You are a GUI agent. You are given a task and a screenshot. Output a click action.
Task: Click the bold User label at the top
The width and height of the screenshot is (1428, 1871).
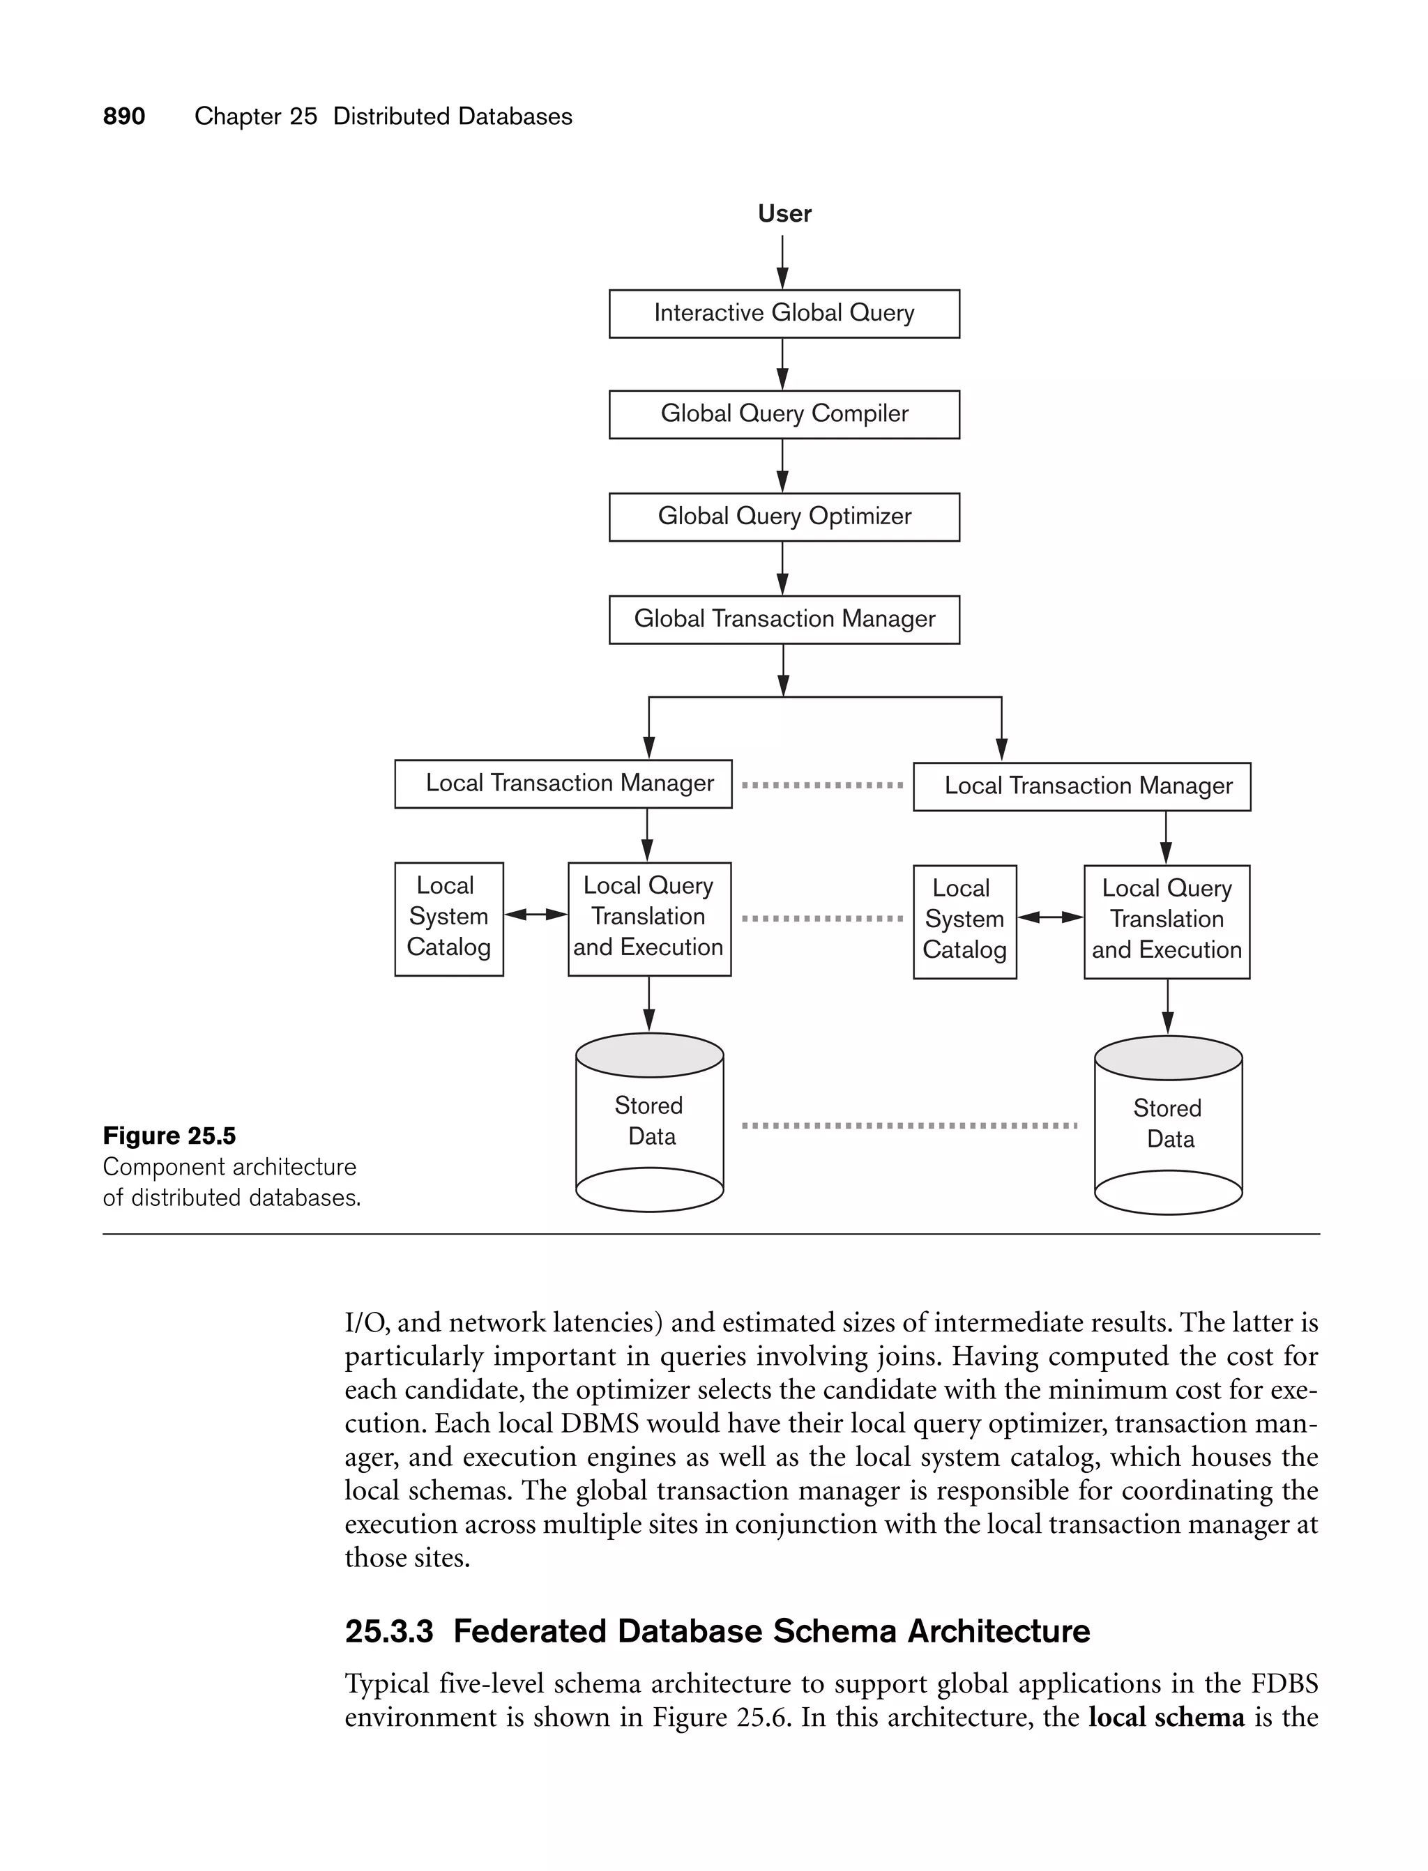coord(784,213)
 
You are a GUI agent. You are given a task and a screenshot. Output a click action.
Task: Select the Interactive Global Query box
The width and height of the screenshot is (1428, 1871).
coord(784,314)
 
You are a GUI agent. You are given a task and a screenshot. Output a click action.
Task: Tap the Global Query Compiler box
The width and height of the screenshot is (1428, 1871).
coord(784,414)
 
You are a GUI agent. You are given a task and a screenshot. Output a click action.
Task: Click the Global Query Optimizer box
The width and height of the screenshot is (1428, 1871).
coord(784,517)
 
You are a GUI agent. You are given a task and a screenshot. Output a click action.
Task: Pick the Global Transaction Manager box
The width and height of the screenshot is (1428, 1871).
coord(784,620)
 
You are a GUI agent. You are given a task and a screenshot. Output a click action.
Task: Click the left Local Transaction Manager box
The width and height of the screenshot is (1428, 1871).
coord(563,784)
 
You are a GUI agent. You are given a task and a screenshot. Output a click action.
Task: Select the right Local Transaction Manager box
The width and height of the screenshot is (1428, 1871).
coord(1081,786)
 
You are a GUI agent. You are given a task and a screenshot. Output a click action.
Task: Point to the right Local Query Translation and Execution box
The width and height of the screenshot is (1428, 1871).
coord(1167,921)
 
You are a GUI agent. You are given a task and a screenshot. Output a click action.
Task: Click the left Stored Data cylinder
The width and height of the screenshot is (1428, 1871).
coord(649,1122)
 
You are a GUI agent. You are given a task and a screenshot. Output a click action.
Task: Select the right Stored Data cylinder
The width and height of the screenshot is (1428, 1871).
coord(1168,1124)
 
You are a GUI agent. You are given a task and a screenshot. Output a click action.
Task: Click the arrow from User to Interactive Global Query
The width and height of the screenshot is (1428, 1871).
coord(783,261)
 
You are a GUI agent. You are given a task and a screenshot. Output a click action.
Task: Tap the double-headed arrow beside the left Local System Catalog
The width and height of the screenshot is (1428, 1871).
coord(535,915)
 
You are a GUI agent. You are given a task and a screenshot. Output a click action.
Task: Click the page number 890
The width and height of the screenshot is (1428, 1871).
coord(124,116)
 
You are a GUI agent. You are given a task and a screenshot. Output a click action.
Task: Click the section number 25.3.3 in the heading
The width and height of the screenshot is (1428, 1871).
coord(388,1631)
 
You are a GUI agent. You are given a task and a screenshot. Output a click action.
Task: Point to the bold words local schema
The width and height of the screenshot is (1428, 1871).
coord(1167,1717)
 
